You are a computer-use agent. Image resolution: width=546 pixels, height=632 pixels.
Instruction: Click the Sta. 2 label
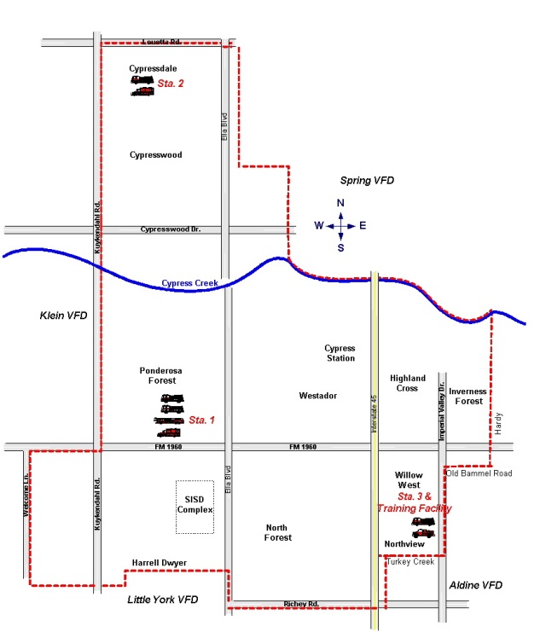tap(171, 84)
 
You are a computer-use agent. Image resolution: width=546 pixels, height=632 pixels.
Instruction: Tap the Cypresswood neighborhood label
tap(155, 155)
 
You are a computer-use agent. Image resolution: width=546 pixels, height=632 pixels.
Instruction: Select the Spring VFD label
tap(368, 181)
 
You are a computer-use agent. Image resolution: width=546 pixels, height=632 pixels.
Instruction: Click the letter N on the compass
tap(340, 203)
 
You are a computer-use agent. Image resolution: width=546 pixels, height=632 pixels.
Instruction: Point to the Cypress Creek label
tap(190, 283)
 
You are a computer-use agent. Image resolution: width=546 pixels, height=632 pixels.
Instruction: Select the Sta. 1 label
tap(202, 420)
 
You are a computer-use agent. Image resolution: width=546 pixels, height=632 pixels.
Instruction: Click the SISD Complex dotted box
tap(195, 507)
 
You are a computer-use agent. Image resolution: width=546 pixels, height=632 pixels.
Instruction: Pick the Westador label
tap(318, 396)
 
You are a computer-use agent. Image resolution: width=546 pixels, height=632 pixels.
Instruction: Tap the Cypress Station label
tap(340, 353)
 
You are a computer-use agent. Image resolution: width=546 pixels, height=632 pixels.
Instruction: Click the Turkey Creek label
tap(410, 562)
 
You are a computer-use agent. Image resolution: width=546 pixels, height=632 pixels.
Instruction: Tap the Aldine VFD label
tap(475, 586)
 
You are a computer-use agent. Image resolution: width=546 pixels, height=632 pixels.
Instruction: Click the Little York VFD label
tap(162, 600)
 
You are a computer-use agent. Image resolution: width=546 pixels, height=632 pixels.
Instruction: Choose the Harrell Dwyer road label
tap(159, 563)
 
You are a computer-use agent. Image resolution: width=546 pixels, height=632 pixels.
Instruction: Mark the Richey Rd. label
tap(301, 604)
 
